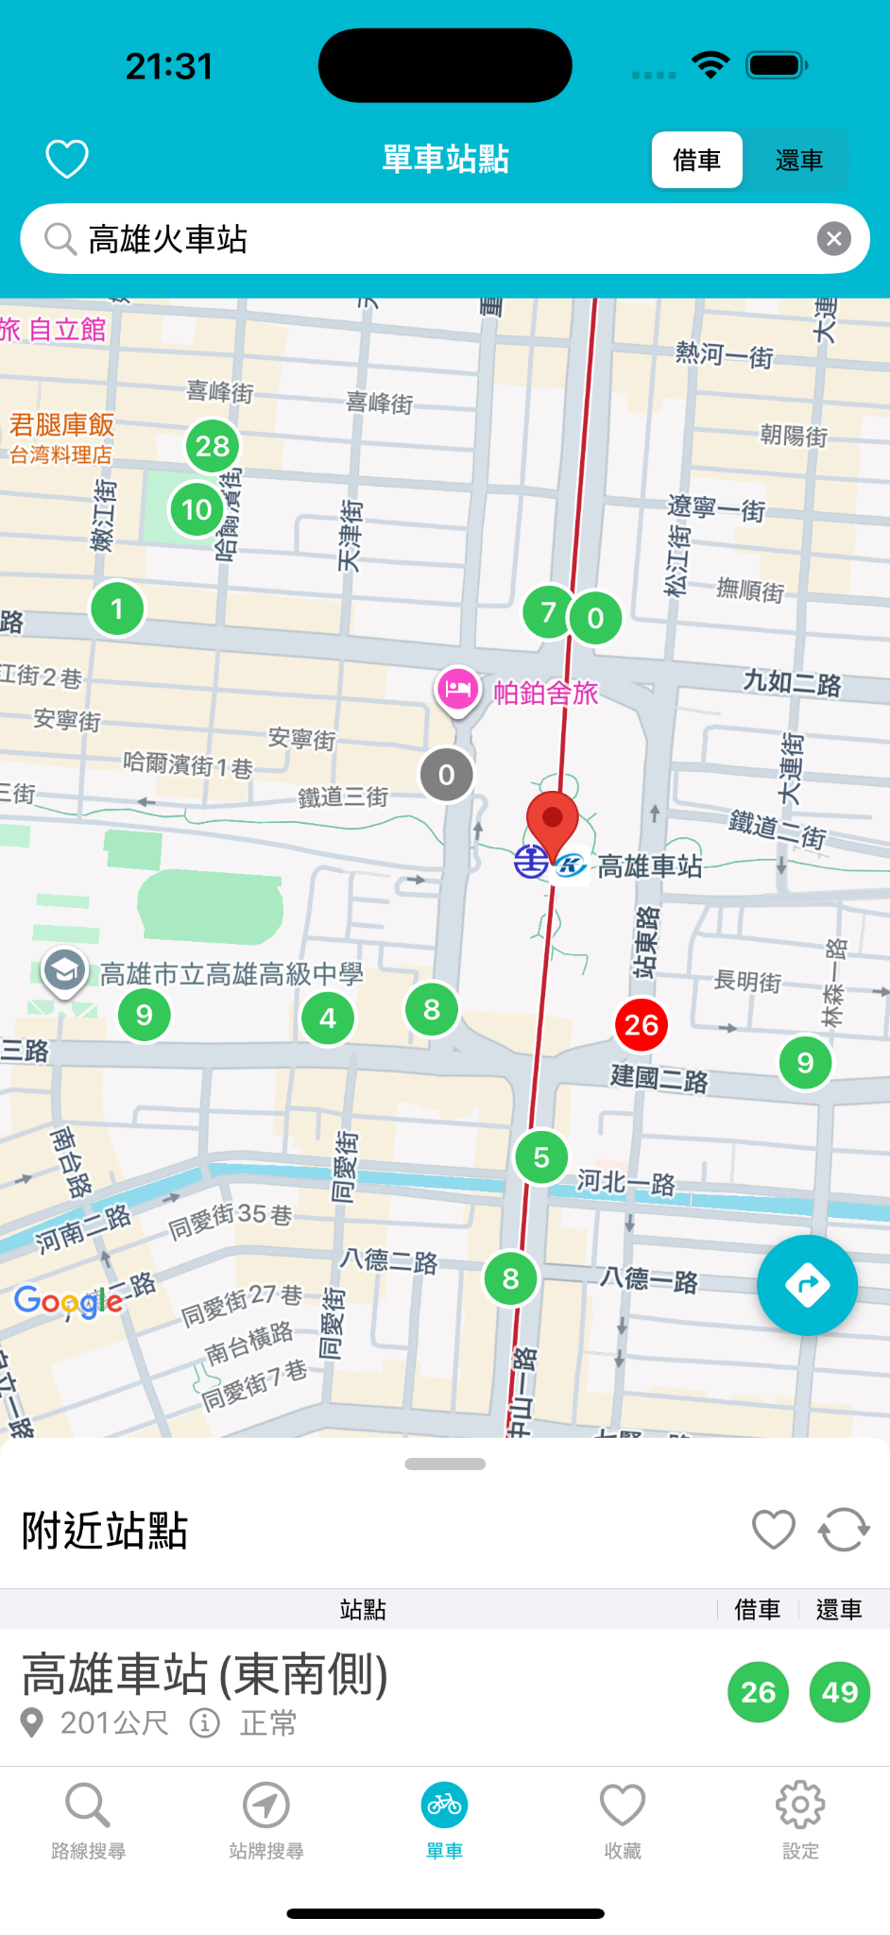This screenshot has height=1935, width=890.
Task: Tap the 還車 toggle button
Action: [x=798, y=161]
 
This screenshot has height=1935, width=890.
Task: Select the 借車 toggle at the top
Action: [x=696, y=161]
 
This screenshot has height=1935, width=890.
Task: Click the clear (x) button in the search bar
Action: [x=833, y=239]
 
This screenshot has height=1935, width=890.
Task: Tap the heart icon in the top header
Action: [x=67, y=159]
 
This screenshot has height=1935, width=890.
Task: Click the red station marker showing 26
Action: [x=642, y=1024]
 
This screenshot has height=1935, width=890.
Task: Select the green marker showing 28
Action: [x=213, y=445]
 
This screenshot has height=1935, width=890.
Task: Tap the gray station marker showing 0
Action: [x=447, y=775]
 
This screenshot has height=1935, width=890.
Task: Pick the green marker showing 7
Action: [x=547, y=611]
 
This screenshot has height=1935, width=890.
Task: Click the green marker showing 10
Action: [x=197, y=509]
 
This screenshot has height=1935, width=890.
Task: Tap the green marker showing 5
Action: [x=541, y=1156]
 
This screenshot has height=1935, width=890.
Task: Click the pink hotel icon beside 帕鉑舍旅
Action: [x=458, y=690]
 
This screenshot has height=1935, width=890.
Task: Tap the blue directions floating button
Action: [x=807, y=1285]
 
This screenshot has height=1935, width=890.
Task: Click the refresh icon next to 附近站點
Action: [x=843, y=1529]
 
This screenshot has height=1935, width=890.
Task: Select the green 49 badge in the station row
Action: [x=839, y=1691]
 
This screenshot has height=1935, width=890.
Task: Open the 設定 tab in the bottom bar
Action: [x=800, y=1818]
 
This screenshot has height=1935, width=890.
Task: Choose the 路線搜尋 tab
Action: [x=88, y=1818]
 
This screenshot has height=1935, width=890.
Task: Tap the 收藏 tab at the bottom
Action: [x=623, y=1818]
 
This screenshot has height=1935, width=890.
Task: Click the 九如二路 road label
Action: [x=792, y=682]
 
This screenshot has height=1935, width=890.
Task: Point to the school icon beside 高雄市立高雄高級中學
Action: [x=64, y=970]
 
